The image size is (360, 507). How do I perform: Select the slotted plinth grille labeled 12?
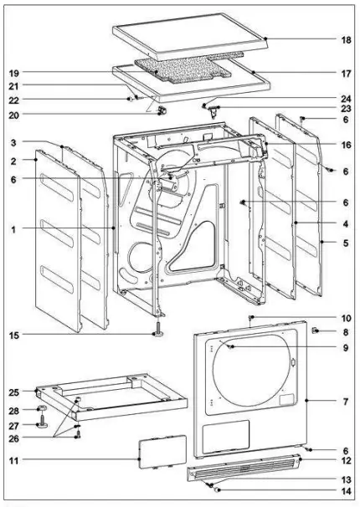(243, 474)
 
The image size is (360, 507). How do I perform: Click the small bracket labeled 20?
(162, 112)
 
